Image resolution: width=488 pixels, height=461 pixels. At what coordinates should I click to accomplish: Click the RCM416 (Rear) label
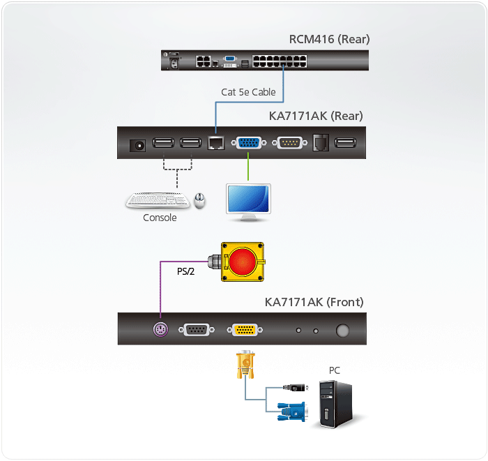click(x=329, y=39)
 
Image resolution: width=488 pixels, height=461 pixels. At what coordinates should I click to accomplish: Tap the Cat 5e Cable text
click(x=248, y=92)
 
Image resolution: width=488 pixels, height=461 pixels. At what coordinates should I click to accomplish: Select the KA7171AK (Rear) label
click(x=316, y=116)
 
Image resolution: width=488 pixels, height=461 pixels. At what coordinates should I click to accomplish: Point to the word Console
click(x=160, y=218)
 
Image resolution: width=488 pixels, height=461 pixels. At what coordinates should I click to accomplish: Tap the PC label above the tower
click(x=335, y=370)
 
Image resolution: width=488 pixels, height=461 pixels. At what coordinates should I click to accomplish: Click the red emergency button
click(x=243, y=262)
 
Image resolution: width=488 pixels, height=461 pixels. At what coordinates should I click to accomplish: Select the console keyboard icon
click(x=158, y=200)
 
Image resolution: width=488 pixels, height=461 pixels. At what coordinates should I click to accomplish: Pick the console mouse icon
click(x=200, y=201)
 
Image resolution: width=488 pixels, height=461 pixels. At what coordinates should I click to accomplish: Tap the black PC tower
click(x=335, y=404)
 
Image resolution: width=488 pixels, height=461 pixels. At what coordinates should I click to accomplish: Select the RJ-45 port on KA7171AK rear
click(x=215, y=144)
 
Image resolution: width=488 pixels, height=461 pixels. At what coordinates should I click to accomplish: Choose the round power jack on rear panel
click(x=137, y=145)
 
